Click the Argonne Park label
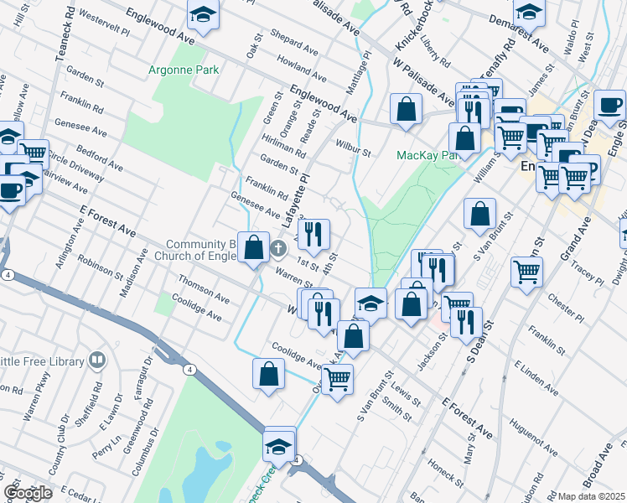(183, 70)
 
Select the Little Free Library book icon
(97, 360)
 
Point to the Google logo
(28, 493)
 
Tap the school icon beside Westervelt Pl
(202, 17)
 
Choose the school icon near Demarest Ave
(529, 13)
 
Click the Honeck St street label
(444, 474)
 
